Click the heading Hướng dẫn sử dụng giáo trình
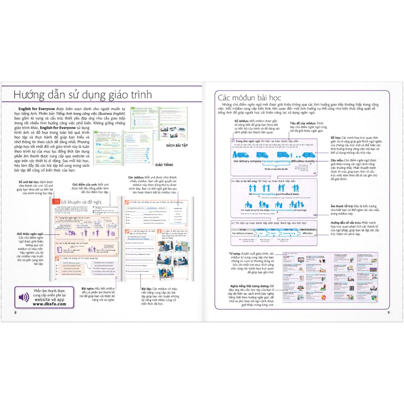pos(82,95)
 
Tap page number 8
pos(15,313)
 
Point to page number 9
pos(388,313)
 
